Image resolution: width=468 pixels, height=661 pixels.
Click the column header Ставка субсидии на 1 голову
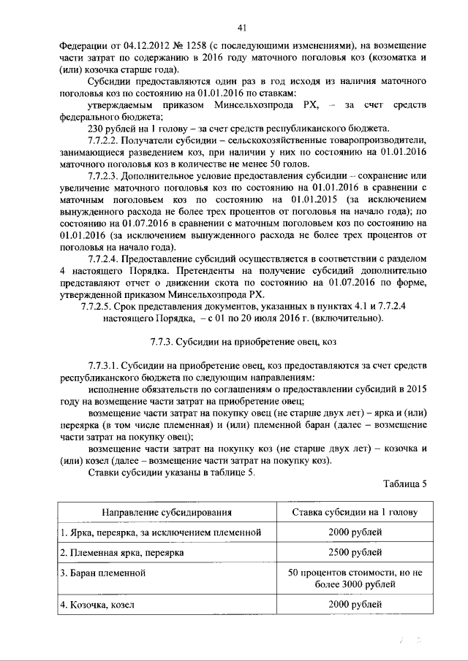coord(355,512)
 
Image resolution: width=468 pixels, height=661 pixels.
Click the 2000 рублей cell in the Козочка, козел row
coord(355,605)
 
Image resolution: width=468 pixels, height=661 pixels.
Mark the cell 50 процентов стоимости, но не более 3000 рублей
coord(355,578)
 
